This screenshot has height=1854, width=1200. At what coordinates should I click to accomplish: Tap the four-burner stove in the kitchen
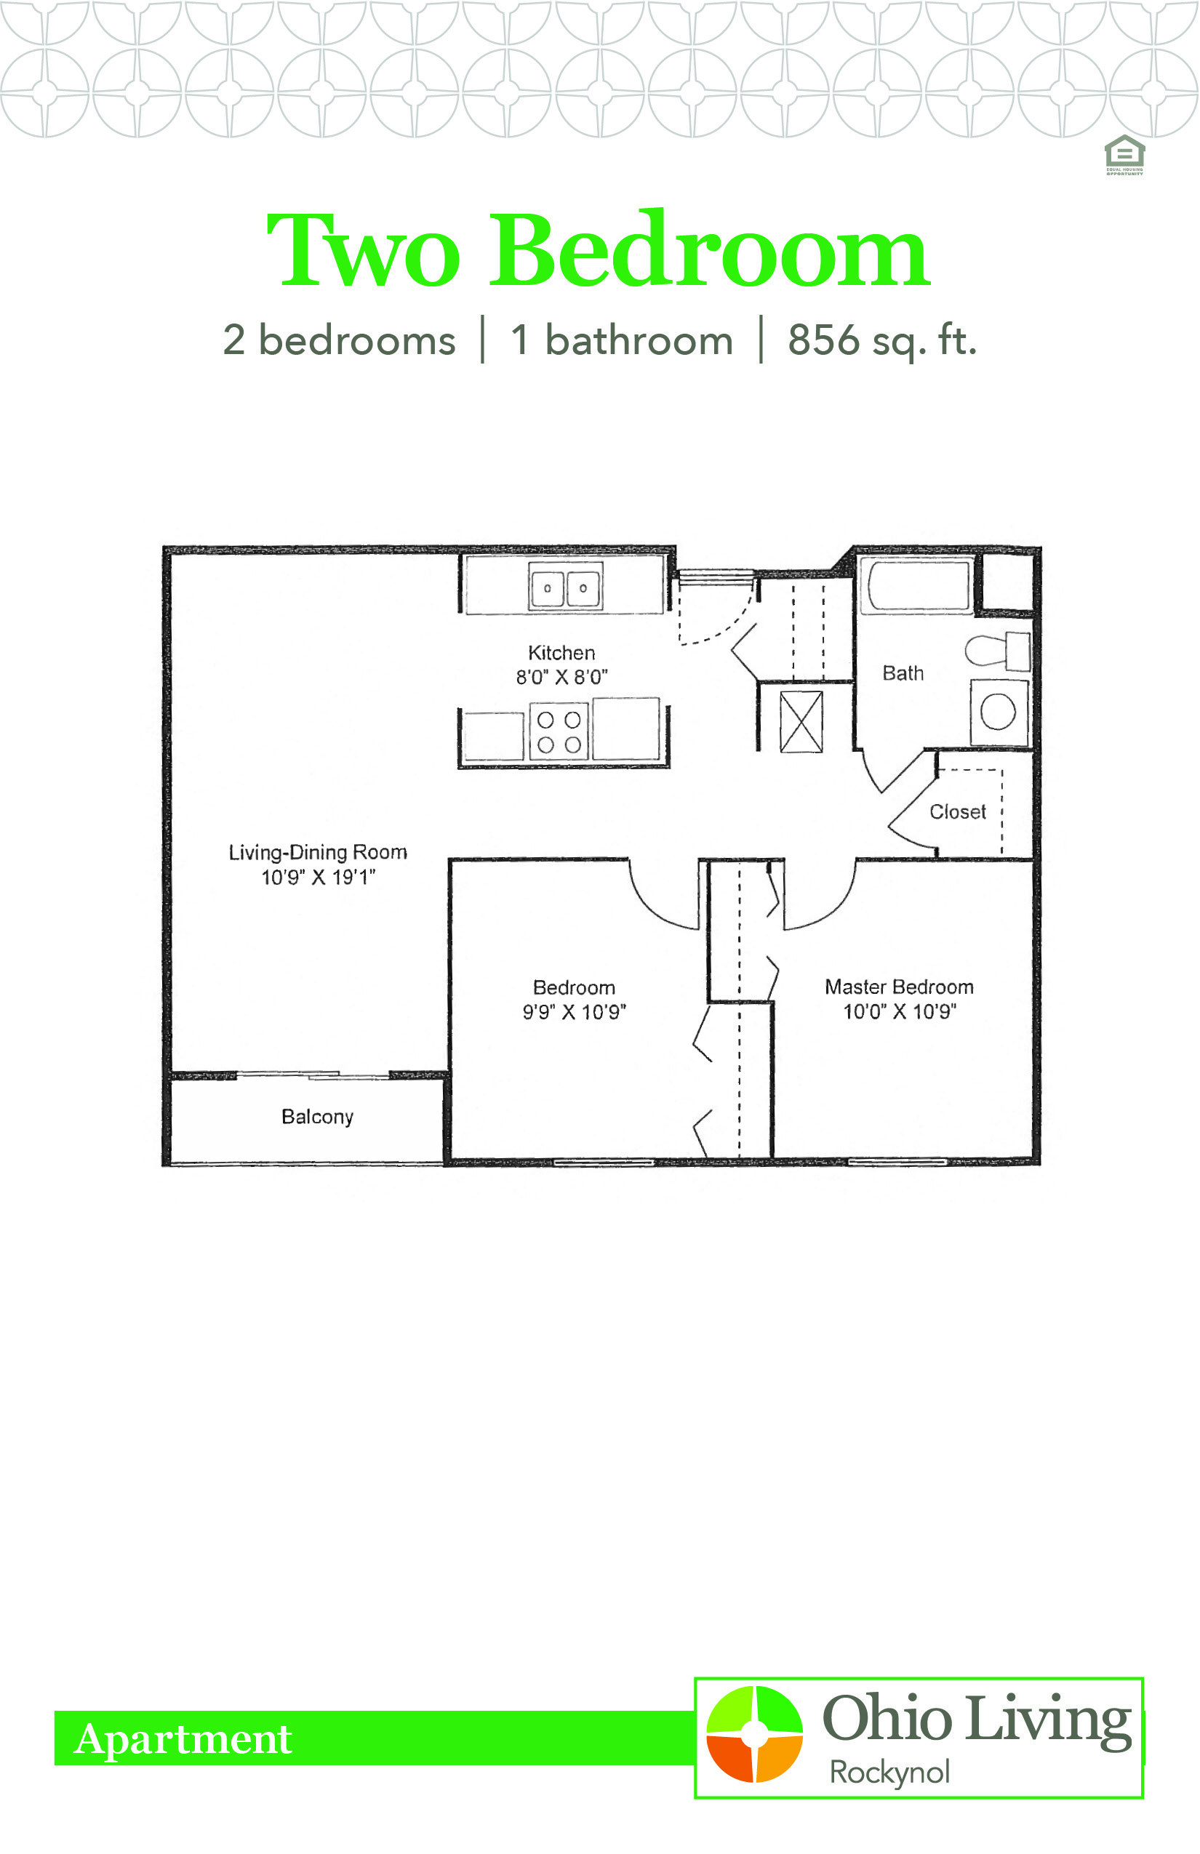click(x=559, y=731)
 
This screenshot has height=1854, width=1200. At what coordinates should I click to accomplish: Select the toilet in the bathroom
click(x=997, y=651)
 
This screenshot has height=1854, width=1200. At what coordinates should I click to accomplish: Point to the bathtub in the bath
click(x=916, y=583)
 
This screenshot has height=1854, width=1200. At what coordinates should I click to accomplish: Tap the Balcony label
click(x=317, y=1117)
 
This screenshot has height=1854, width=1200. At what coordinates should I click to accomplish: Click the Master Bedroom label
click(x=899, y=987)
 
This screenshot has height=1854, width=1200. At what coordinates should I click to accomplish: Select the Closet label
click(x=958, y=811)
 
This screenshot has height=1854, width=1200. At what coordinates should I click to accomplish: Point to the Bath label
click(x=903, y=673)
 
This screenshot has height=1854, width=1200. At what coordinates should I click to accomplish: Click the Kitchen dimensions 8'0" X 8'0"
click(x=561, y=677)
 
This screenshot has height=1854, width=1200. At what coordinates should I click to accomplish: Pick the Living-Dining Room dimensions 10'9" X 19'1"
click(x=318, y=877)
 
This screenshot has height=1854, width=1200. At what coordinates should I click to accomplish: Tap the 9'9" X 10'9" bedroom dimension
click(x=575, y=1012)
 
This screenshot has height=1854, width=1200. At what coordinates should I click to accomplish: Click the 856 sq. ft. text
click(x=882, y=340)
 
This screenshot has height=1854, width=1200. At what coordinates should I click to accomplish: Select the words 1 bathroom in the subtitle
click(x=622, y=340)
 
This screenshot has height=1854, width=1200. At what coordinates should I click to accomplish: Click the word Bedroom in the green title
click(x=709, y=249)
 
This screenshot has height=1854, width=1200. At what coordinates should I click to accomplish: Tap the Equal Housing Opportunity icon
click(x=1124, y=154)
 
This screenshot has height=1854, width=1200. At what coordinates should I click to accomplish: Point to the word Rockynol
click(x=890, y=1773)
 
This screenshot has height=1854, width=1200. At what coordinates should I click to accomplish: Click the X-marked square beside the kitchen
click(x=801, y=721)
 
